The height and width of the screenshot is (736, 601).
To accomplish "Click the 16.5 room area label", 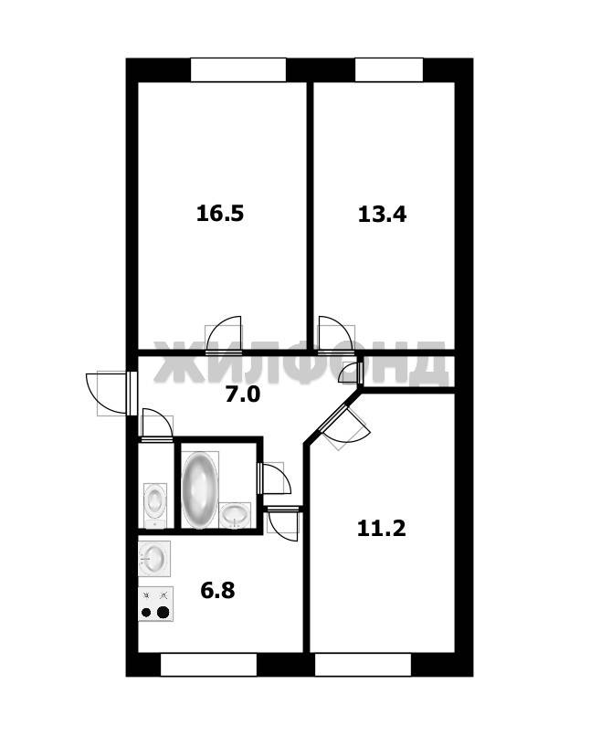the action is [220, 214].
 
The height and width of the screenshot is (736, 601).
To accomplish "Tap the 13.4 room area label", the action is [382, 215].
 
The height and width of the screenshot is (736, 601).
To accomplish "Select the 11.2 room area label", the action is [381, 529].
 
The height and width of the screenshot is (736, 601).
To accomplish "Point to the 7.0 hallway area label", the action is [242, 394].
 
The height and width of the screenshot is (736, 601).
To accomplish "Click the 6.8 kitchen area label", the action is [218, 590].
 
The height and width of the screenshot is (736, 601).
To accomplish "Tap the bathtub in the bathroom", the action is [200, 489].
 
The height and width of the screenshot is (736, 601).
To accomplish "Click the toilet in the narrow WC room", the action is [154, 505].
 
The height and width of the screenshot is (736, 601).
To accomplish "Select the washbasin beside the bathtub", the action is [236, 515].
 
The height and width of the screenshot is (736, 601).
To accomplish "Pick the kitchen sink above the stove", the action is [154, 559].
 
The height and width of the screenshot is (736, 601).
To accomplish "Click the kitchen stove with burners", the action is [155, 604].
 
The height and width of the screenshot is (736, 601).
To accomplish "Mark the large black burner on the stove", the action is [163, 612].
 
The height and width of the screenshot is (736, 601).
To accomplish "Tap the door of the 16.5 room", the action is [224, 334].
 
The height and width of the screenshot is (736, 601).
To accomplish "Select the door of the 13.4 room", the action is [336, 334].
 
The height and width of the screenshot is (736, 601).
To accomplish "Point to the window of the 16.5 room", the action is [238, 70].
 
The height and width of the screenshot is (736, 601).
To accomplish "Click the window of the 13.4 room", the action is [389, 70].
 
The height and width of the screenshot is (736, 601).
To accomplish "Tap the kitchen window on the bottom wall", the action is [208, 664].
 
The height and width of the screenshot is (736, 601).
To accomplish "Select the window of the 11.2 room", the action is [363, 664].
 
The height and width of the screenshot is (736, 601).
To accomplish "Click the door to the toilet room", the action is [157, 426].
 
